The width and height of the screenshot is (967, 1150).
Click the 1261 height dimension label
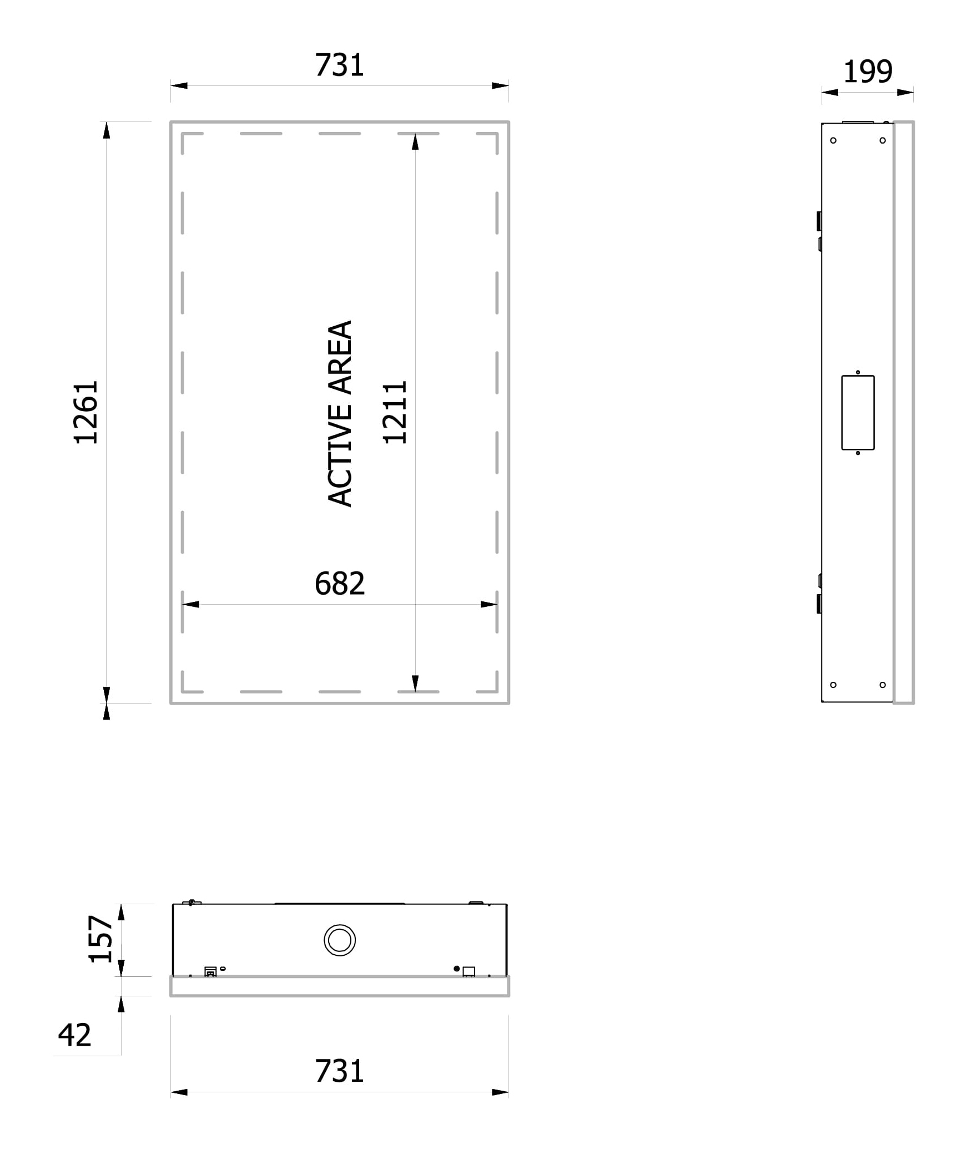click(86, 412)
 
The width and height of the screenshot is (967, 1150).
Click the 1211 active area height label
click(395, 412)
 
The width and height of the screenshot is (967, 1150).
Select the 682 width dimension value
click(340, 584)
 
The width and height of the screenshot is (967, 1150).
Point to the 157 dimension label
click(100, 939)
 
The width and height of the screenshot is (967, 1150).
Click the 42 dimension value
click(74, 1035)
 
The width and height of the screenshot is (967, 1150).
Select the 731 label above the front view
click(339, 65)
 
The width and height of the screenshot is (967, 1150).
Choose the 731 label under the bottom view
click(339, 1072)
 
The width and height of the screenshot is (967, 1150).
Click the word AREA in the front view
click(340, 357)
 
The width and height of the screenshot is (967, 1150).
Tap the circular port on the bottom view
click(340, 940)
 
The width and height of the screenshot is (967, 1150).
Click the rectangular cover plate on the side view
click(858, 413)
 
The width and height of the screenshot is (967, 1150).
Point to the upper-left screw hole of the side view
click(833, 140)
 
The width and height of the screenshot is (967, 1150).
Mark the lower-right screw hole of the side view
click(883, 685)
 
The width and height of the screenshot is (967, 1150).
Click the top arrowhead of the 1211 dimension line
click(415, 142)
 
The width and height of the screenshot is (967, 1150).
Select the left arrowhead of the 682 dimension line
click(190, 604)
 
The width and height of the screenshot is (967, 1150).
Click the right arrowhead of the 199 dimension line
click(905, 92)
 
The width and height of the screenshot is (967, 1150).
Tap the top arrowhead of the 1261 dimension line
click(107, 130)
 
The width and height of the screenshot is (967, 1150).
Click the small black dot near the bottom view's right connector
click(457, 969)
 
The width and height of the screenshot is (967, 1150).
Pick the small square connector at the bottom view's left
click(210, 971)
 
